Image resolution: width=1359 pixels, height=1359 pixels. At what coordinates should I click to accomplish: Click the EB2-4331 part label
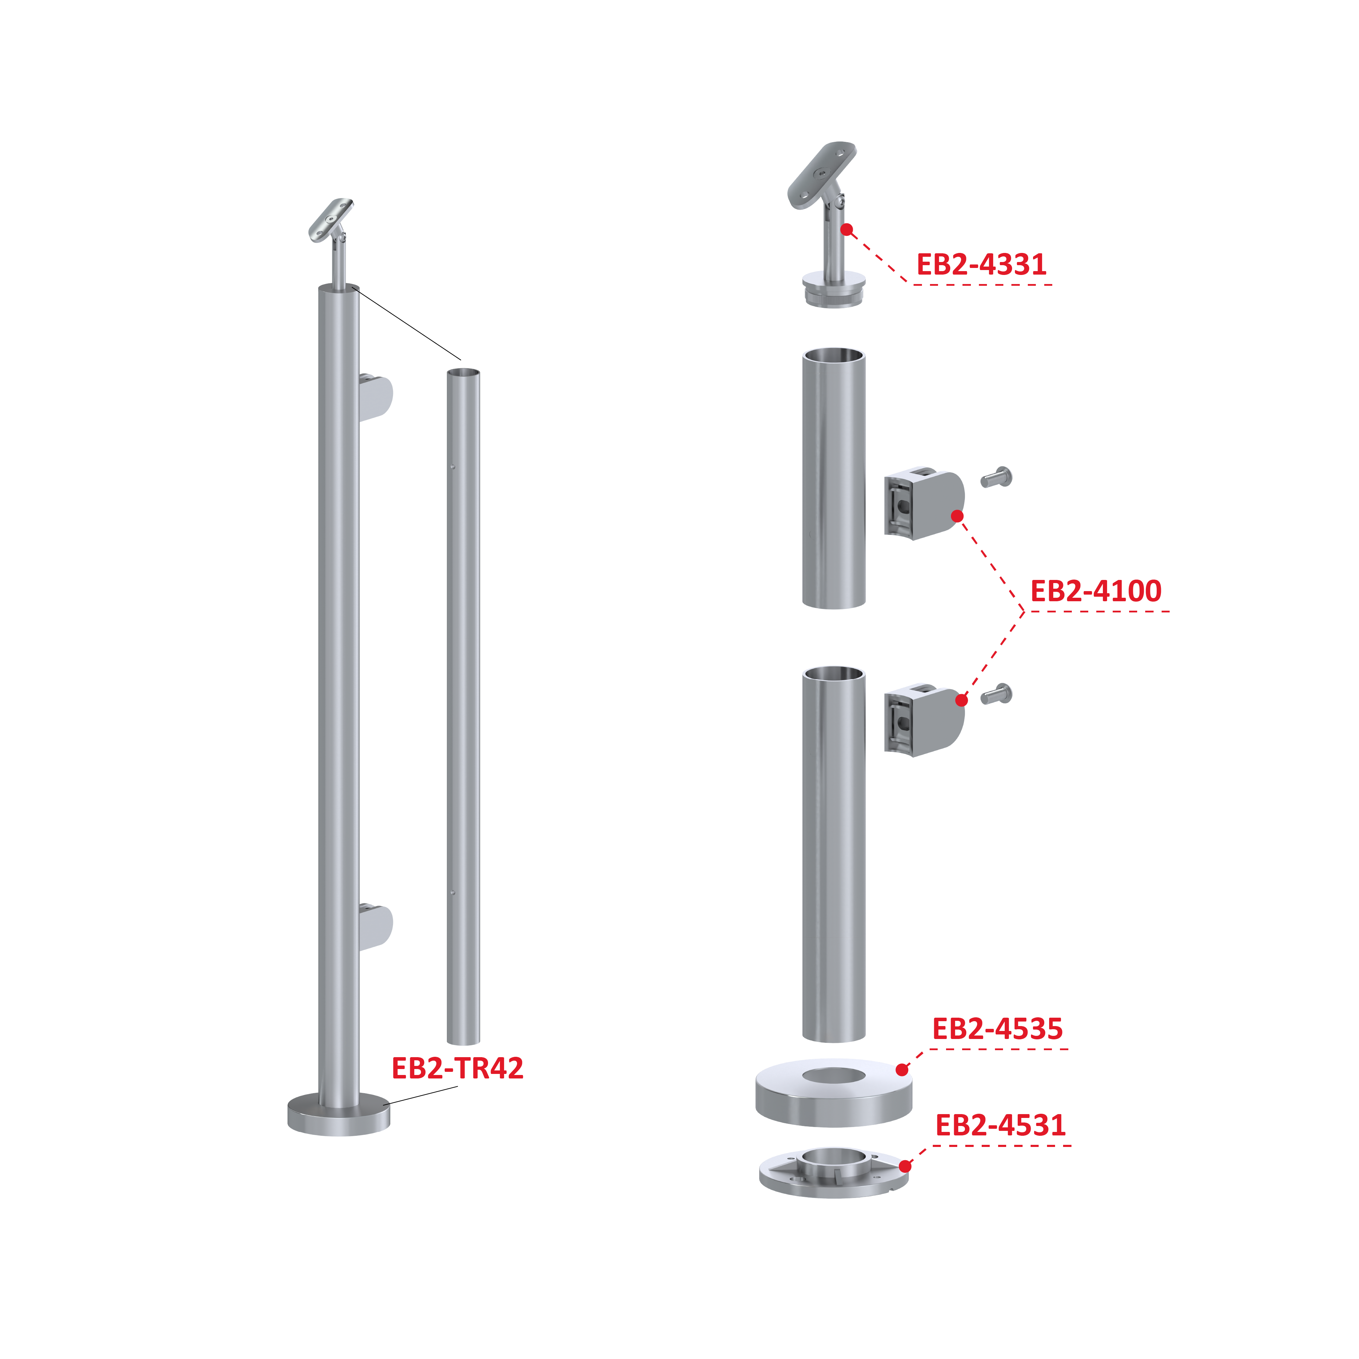981,264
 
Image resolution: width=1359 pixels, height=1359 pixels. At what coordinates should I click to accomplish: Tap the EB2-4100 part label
1095,591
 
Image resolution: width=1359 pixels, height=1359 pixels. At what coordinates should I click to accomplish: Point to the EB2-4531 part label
1000,1125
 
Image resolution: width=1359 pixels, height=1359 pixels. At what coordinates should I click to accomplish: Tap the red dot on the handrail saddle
847,229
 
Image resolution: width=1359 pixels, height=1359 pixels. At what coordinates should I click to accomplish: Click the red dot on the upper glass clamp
957,516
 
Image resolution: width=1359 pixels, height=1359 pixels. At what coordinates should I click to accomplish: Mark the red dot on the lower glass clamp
961,700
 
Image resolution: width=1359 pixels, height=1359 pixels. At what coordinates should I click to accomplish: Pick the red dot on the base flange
905,1166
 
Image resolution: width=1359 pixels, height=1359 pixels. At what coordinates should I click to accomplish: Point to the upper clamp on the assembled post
376,398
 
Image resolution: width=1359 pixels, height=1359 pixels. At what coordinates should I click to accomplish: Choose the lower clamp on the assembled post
376,927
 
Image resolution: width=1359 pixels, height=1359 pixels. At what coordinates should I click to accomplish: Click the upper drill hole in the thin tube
453,466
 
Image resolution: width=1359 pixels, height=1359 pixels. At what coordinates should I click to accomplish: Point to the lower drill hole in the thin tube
453,893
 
